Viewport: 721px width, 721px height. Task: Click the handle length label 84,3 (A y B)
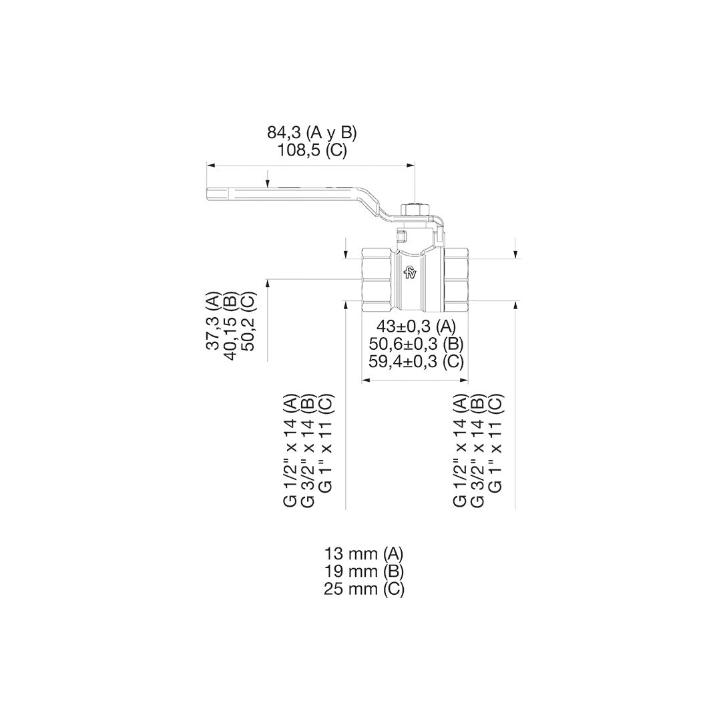(x=312, y=133)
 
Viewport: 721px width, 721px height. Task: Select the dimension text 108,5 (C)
(x=312, y=151)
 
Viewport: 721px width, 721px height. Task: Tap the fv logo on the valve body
(x=410, y=273)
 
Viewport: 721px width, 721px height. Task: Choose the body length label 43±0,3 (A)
(x=416, y=326)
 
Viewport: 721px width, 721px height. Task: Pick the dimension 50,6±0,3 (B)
(x=416, y=344)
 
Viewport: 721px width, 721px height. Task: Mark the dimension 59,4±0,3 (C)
(x=416, y=361)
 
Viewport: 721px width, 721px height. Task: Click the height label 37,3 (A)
(x=214, y=321)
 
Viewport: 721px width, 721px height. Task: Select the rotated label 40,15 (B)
(x=231, y=326)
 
